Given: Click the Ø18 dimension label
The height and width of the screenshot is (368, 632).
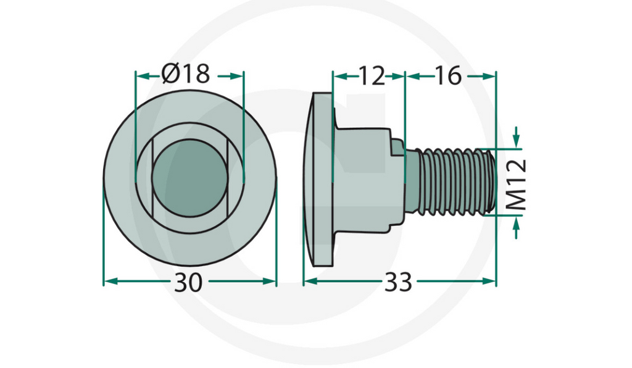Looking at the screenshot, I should point(186,75).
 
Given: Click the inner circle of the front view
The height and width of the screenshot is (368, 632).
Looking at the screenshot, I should point(189,178).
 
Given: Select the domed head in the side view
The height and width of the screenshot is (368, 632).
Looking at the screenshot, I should point(318,179).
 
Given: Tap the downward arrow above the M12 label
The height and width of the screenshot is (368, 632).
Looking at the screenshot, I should point(517,141).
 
